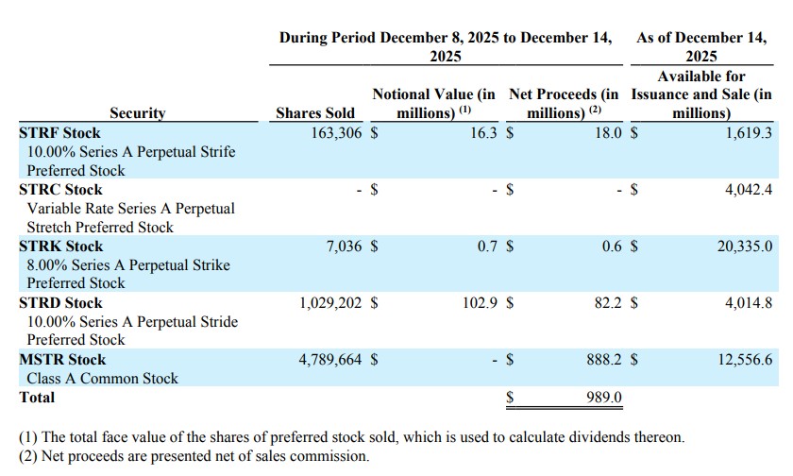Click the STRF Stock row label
[x=59, y=133]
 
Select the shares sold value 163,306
[x=336, y=133]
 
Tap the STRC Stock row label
[x=60, y=189]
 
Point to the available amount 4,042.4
[x=749, y=189]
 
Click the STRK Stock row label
[x=61, y=246]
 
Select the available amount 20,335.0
[x=745, y=246]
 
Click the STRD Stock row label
[x=61, y=303]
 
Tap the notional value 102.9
[x=477, y=303]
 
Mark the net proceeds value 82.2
[x=605, y=303]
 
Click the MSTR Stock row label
[x=62, y=360]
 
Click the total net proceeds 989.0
[x=601, y=398]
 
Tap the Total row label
[x=38, y=398]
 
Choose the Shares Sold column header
[x=315, y=113]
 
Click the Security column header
[x=137, y=113]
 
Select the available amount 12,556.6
[x=745, y=360]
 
